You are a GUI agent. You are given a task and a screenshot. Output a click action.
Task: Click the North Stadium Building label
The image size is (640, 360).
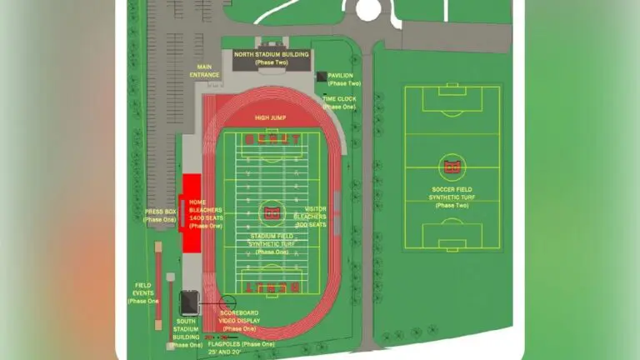coord(271,58)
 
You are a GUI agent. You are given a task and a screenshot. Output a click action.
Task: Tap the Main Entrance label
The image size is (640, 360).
coord(204,71)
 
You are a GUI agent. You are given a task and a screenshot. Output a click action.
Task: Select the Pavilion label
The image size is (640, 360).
coord(343,79)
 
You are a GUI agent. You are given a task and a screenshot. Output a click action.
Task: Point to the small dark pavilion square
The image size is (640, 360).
coord(321,77)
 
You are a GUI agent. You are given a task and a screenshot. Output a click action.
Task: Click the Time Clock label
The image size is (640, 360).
coord(339,102)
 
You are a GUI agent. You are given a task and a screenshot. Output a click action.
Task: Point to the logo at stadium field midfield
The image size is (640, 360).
coord(271,212)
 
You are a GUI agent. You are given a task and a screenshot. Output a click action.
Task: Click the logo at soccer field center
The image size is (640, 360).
coord(452,167)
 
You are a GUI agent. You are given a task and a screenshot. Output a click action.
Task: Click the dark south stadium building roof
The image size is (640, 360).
coord(190,302)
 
